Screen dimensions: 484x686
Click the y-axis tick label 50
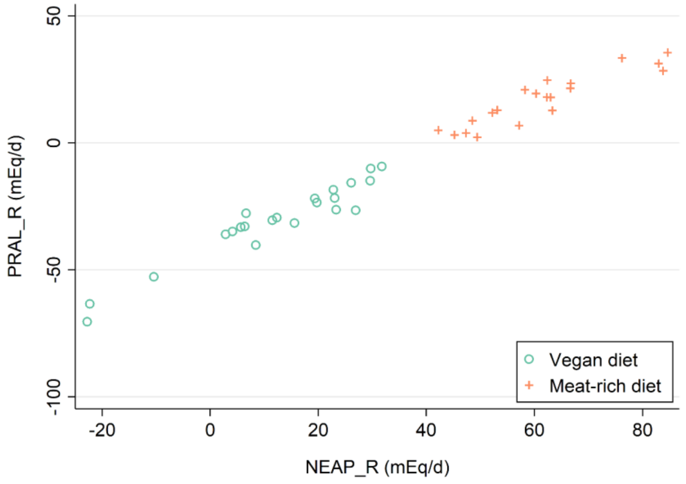pyautogui.click(x=54, y=16)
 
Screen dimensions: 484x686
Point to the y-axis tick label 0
pyautogui.click(x=54, y=143)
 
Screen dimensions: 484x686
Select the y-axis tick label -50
pyautogui.click(x=54, y=270)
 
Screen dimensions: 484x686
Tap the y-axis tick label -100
pyautogui.click(x=54, y=397)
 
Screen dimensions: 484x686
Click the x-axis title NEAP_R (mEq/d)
pyautogui.click(x=377, y=467)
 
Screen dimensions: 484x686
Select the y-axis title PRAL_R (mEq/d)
pyautogui.click(x=15, y=206)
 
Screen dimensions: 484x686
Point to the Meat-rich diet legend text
pyautogui.click(x=605, y=386)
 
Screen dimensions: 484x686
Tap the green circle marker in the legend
pyautogui.click(x=529, y=359)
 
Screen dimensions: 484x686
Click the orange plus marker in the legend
pyautogui.click(x=529, y=385)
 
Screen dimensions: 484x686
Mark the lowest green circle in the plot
pyautogui.click(x=87, y=322)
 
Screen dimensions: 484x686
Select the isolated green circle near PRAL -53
pyautogui.click(x=154, y=277)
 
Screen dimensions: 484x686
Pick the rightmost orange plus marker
pyautogui.click(x=667, y=53)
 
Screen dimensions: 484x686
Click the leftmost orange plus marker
pyautogui.click(x=438, y=130)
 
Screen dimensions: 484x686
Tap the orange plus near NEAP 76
pyautogui.click(x=622, y=58)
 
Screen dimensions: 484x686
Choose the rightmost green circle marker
pyautogui.click(x=382, y=167)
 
